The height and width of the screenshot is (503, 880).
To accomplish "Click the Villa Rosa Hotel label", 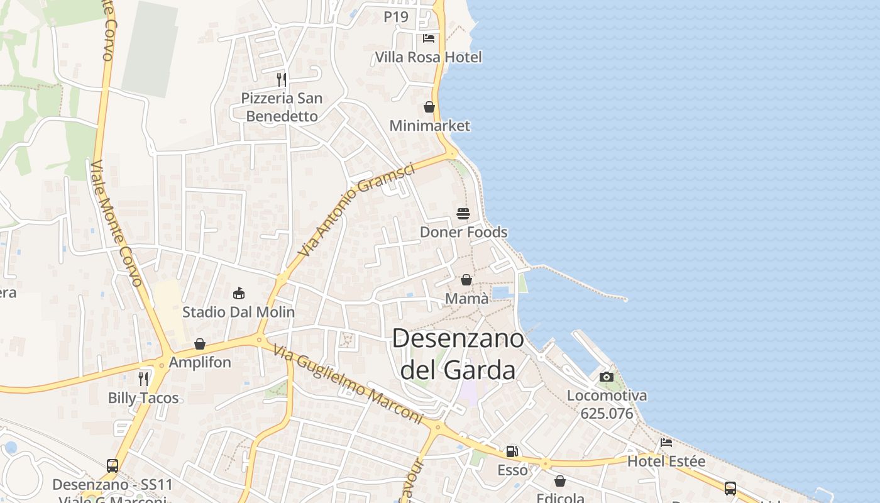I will tap(428, 57).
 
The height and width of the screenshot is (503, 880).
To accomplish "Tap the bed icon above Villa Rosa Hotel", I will tap(429, 38).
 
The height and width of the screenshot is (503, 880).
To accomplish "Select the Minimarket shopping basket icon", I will tap(429, 107).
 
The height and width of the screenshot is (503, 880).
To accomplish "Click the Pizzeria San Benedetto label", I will tap(282, 107).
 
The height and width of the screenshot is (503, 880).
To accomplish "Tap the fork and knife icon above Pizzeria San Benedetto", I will tap(282, 79).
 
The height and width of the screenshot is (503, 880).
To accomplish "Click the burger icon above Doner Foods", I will tap(463, 214).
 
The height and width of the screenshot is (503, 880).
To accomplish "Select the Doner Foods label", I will tap(463, 232).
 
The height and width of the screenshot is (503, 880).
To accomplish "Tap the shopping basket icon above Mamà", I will tap(466, 280).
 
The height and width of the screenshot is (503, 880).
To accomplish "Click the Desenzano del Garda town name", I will tap(458, 354).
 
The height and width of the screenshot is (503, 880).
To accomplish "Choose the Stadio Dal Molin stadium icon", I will tap(239, 293).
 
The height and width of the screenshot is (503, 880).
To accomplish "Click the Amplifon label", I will tap(200, 363).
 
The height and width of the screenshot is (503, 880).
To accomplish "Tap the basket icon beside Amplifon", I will tap(200, 344).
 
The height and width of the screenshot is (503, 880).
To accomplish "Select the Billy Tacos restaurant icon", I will tap(143, 379).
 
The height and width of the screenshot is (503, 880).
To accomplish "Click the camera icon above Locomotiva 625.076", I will tap(607, 377).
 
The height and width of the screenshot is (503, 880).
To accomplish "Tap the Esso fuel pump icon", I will tap(512, 451).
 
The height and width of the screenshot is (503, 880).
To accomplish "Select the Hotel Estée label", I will tap(666, 462).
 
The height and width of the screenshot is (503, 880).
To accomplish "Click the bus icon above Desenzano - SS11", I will tap(113, 466).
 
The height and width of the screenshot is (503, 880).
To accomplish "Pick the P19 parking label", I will tap(396, 17).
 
